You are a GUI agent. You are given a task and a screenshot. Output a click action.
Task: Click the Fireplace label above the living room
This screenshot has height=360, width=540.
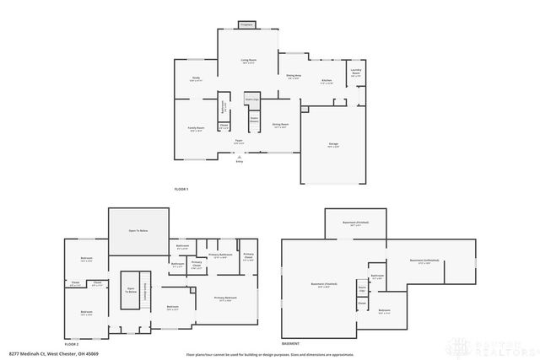(246, 24)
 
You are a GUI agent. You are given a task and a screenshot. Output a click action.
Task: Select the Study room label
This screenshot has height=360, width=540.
(195, 78)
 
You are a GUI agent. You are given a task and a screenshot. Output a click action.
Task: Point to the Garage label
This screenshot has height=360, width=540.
(333, 145)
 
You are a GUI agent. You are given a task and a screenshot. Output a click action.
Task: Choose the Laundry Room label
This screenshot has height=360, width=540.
(356, 73)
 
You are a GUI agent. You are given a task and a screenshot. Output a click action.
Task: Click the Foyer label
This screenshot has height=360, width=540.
(239, 141)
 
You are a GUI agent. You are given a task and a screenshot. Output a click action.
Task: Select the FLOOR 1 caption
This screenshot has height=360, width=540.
(181, 189)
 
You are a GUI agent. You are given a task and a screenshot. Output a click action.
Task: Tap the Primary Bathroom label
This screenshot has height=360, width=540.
(220, 255)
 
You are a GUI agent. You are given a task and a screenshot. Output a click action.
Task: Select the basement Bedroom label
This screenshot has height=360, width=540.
(384, 310)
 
